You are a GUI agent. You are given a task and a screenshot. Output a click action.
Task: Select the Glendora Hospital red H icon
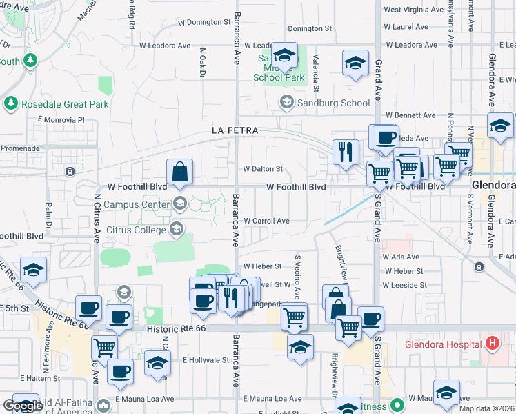coord(492,343)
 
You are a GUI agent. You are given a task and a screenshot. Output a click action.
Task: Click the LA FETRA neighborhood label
coord(235,130)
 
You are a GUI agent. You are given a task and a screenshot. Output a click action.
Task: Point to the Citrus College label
coord(137,228)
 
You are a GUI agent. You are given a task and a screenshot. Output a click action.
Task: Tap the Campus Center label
coord(135,204)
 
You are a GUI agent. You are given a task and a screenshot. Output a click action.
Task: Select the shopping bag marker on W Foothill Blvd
coord(179,172)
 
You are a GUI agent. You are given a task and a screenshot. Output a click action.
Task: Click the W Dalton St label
coord(263,168)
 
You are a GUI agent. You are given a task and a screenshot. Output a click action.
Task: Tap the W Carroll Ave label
coord(266,221)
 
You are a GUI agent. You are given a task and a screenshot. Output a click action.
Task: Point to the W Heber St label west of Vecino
coord(262,266)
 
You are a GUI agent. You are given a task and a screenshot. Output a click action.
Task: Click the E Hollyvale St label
coord(206,360)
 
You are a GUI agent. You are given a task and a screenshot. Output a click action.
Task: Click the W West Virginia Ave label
coord(416,10)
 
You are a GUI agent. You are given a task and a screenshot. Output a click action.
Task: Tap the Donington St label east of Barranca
coord(310,28)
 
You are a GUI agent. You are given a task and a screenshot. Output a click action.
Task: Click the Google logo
coord(23,405)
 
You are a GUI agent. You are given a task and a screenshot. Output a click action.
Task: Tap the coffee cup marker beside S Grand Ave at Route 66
coord(370,318)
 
